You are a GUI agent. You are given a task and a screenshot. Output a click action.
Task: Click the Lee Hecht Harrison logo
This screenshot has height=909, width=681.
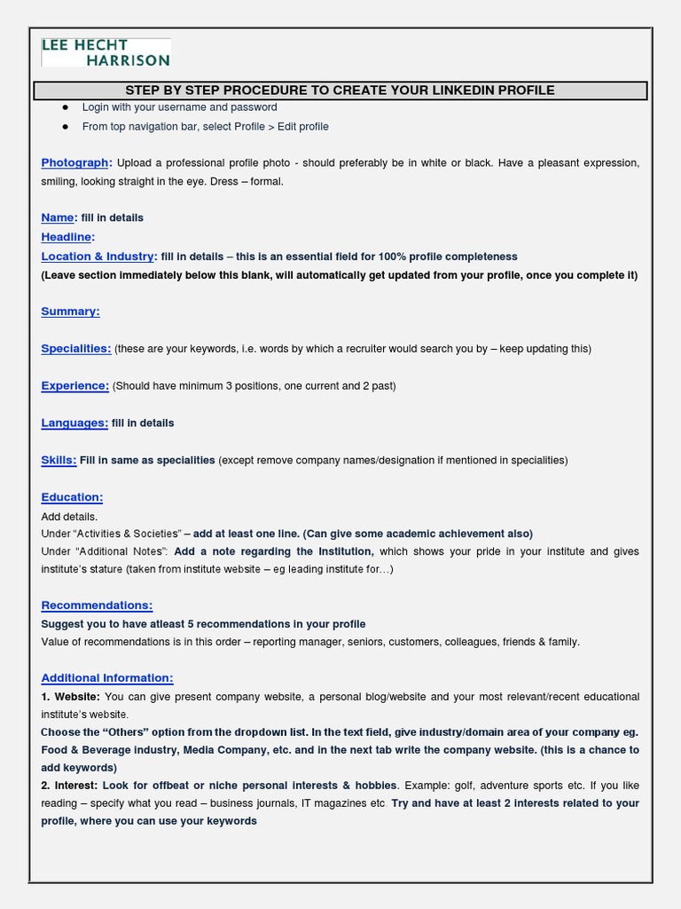click(x=106, y=52)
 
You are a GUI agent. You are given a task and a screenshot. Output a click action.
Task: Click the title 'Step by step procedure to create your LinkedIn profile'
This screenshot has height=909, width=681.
click(x=340, y=91)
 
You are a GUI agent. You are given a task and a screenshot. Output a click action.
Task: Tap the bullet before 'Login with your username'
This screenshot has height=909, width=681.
click(x=65, y=107)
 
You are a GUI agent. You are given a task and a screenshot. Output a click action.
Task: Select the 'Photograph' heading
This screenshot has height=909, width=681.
click(x=74, y=162)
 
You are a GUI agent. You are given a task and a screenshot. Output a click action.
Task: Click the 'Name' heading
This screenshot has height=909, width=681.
click(x=58, y=217)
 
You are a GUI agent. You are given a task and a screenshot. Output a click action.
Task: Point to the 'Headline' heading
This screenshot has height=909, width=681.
click(x=67, y=237)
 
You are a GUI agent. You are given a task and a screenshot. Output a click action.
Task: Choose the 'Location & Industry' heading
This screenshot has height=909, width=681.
click(x=98, y=257)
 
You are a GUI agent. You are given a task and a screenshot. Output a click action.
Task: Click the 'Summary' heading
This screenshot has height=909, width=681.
click(x=70, y=312)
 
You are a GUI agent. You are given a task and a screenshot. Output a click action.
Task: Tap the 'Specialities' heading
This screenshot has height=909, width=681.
click(x=75, y=349)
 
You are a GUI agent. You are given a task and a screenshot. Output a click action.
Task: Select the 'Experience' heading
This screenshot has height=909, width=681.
click(x=74, y=386)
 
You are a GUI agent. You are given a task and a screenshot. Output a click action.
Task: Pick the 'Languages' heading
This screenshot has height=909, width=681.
click(x=74, y=423)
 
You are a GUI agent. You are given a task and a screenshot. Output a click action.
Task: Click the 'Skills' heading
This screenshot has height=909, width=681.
click(x=58, y=461)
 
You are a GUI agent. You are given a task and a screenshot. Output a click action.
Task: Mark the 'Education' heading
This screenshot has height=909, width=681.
click(x=72, y=498)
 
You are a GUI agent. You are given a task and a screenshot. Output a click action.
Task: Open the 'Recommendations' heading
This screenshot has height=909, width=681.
click(x=97, y=605)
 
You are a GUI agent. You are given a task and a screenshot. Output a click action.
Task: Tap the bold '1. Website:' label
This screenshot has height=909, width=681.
click(x=70, y=697)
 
